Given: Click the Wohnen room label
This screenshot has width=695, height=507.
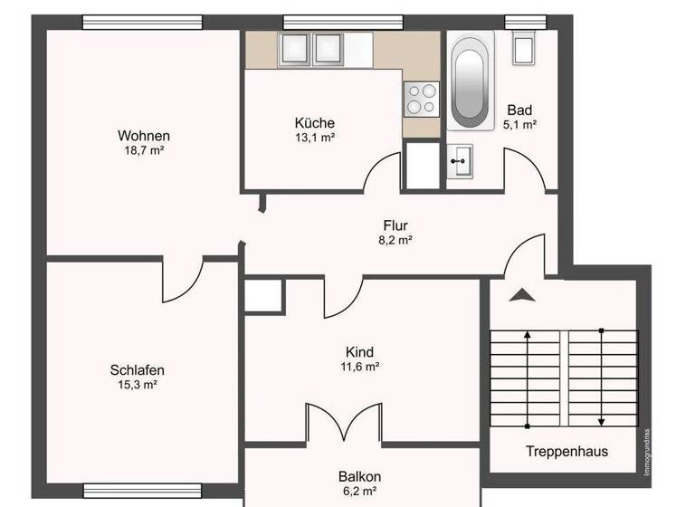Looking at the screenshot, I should coord(144,136).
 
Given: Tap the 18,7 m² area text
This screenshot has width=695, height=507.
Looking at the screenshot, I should coord(144,151).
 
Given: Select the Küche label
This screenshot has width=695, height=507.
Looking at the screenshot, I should coord(314,123).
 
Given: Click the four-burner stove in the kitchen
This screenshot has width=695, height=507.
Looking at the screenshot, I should coord(421,98).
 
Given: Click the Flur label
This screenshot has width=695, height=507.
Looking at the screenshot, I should coord(395,225).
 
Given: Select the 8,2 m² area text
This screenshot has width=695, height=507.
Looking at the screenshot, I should coord(395,241).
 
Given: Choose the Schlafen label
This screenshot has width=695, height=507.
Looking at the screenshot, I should coord(137,369).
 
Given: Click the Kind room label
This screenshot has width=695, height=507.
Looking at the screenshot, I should coord(359,352).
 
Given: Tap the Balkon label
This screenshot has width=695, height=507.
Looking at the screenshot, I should coord(359,476).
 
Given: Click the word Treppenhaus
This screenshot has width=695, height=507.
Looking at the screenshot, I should coord(566,451).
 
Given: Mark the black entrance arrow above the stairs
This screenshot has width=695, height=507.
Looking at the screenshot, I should coord(522,294).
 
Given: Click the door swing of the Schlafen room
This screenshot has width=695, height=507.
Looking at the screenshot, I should coord(182,281).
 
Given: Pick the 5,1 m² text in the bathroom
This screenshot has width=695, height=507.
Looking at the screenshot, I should coord(520,125).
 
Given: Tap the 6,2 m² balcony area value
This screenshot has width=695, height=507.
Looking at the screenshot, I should coord(359,492).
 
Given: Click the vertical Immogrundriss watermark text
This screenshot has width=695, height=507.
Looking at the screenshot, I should coord(646,451).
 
